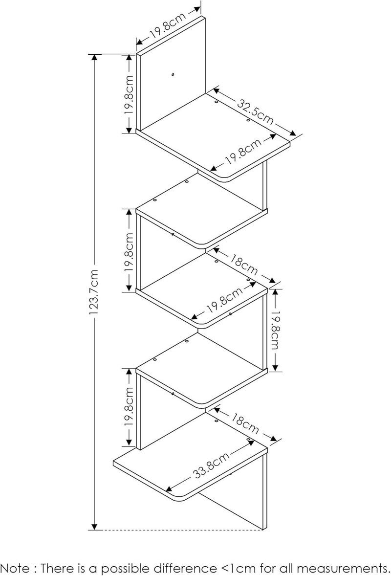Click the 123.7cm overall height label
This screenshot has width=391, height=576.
pos(94,292)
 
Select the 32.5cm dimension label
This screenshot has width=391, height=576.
pos(255,111)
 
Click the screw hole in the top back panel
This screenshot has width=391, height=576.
pos(173,75)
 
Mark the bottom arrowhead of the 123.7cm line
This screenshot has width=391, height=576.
pos(95,527)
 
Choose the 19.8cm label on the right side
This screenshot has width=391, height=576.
pos(276,330)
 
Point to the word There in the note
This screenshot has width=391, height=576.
pos(57,568)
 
